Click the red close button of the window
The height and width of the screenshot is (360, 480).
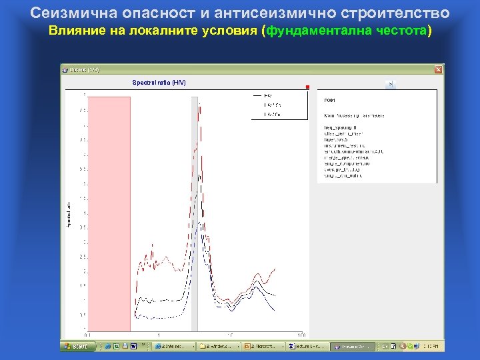438,69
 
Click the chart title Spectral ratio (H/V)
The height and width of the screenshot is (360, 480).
159,82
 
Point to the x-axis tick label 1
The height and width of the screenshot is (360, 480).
159,335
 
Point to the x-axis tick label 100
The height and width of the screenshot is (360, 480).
301,335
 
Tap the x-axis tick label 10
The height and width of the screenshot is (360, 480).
230,335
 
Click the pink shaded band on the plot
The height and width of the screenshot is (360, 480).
109,213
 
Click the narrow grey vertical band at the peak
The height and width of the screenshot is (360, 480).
195,213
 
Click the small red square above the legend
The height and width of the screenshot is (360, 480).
308,87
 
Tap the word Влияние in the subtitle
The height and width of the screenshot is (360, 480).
75,31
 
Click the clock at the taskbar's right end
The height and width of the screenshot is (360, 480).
433,347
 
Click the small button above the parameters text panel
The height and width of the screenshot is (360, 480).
391,84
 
